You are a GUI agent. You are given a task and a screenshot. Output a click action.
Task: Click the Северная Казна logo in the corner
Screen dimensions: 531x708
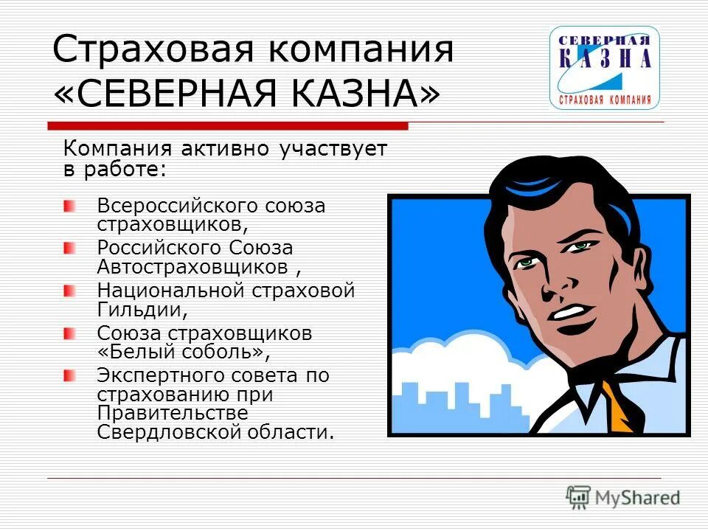pyautogui.click(x=604, y=68)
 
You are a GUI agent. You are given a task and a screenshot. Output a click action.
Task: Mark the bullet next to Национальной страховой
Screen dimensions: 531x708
pyautogui.click(x=69, y=291)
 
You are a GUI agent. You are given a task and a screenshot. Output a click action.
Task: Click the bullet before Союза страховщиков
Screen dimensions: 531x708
pyautogui.click(x=69, y=333)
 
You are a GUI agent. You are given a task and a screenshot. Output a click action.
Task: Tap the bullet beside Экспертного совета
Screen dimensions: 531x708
pyautogui.click(x=69, y=375)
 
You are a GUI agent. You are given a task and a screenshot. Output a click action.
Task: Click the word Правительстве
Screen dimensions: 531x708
pyautogui.click(x=173, y=413)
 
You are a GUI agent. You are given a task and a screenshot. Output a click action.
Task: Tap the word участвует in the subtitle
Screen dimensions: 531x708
pyautogui.click(x=333, y=148)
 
